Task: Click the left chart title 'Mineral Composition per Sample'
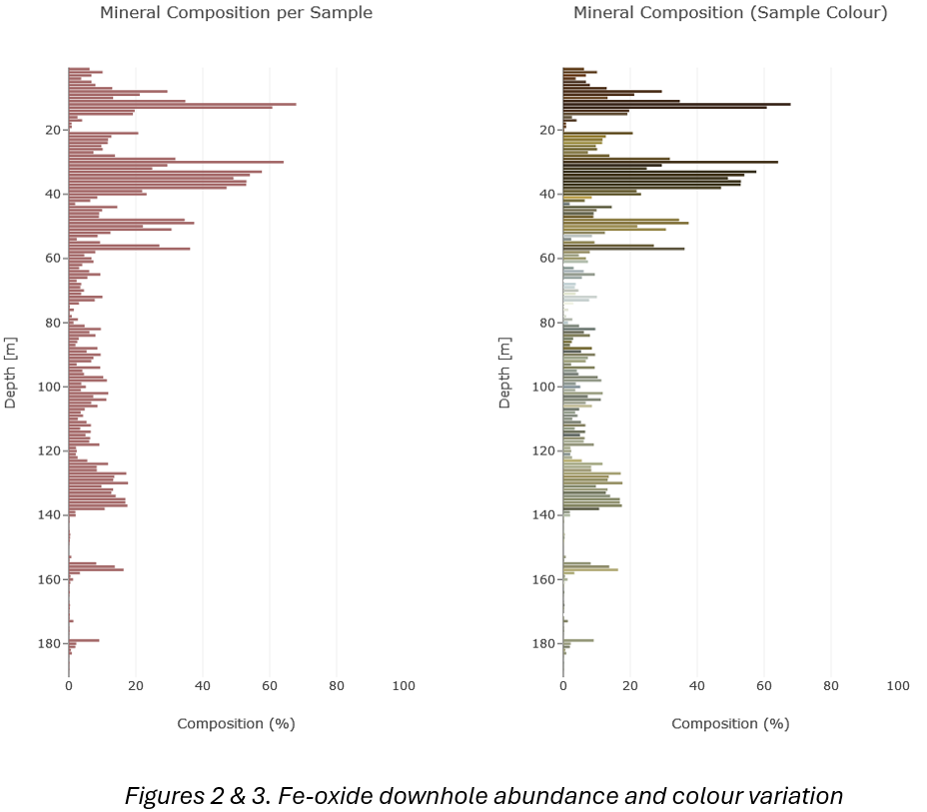click(236, 13)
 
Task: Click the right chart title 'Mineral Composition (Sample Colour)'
click(729, 13)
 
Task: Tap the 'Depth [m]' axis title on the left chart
click(11, 372)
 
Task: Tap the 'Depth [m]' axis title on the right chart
click(505, 372)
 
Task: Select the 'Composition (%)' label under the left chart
click(236, 723)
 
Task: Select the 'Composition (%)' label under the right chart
click(730, 723)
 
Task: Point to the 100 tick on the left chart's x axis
click(403, 686)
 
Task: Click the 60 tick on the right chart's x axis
click(763, 686)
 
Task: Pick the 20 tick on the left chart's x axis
click(136, 686)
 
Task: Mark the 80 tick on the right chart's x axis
click(830, 686)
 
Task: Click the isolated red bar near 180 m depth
click(84, 640)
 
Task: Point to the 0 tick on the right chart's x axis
click(563, 686)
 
